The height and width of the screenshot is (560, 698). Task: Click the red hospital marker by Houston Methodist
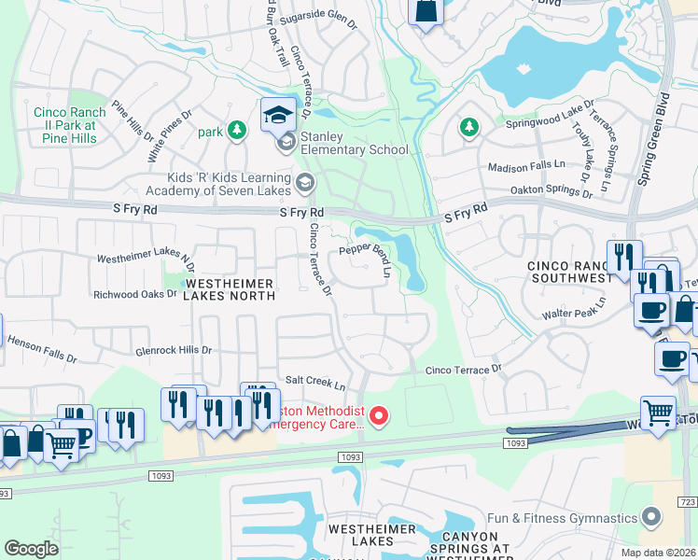pos(378,416)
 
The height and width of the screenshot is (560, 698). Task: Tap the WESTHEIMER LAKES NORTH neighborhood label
pos(230,288)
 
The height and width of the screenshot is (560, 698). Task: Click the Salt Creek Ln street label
pos(314,382)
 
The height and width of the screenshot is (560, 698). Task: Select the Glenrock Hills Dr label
pos(174,350)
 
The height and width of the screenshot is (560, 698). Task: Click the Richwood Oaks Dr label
pos(134,293)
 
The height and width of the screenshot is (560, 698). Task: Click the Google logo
pos(31,548)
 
